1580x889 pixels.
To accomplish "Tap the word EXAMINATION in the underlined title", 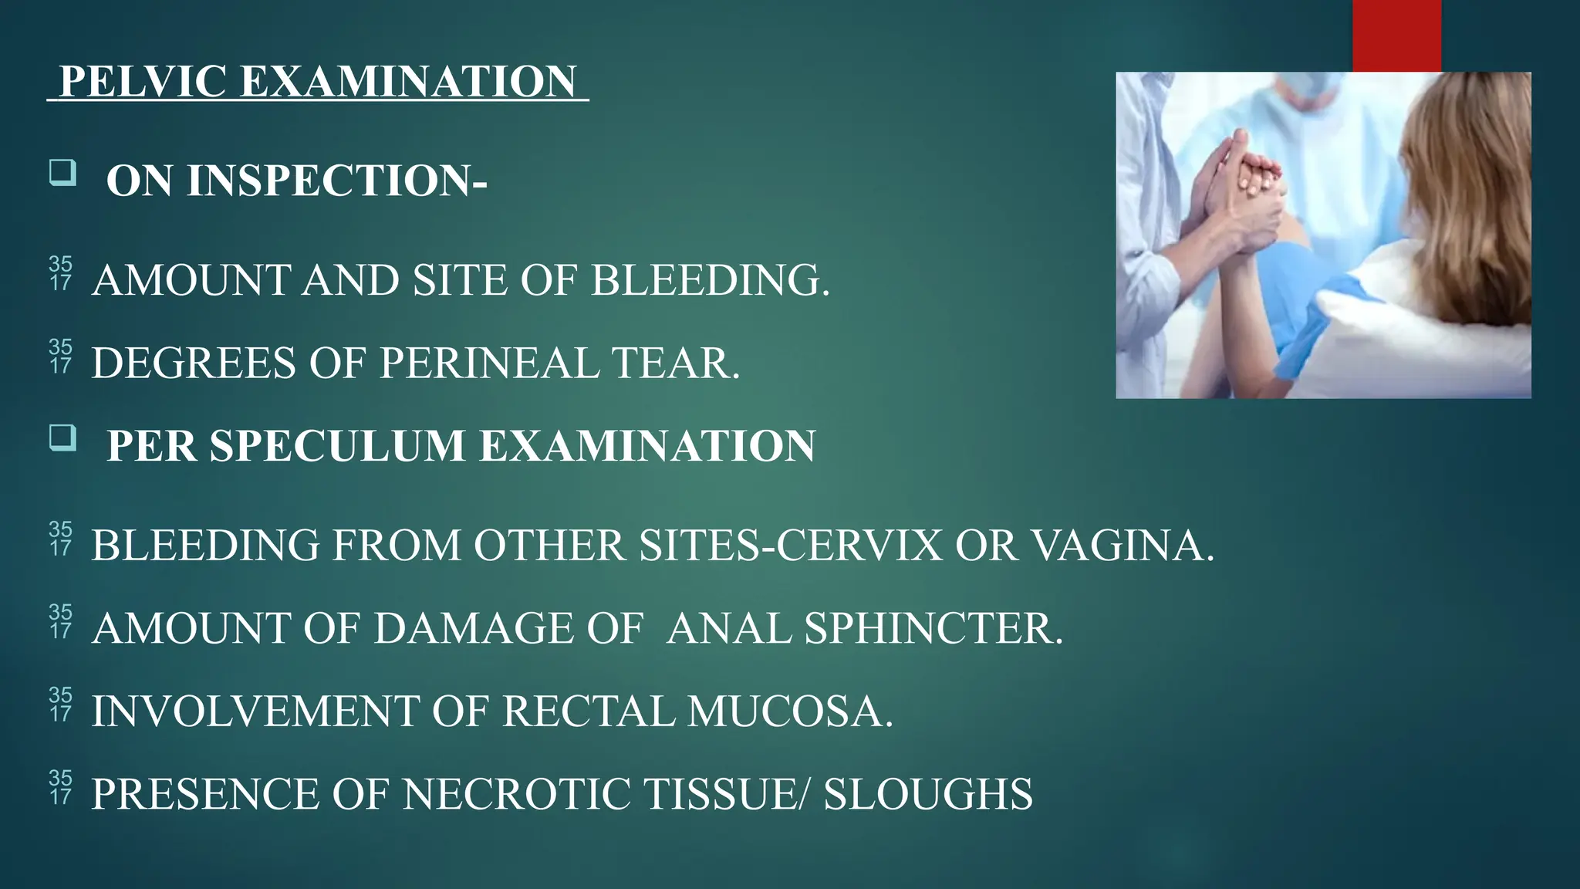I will [x=408, y=81].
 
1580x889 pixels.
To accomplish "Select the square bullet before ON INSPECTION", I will [x=62, y=172].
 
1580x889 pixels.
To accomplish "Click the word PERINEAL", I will [x=489, y=363].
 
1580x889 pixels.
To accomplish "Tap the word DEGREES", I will [x=194, y=363].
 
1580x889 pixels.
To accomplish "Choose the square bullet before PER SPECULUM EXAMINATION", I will [x=62, y=438].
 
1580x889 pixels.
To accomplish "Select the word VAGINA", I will [x=1123, y=545].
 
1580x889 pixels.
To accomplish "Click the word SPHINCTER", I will [x=933, y=628].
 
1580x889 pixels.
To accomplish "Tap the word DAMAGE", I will [x=474, y=628].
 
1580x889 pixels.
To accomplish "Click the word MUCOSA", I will [x=790, y=711].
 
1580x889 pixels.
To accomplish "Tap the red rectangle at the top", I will [x=1396, y=35].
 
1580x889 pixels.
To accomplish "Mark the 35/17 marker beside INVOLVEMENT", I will [x=60, y=704].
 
